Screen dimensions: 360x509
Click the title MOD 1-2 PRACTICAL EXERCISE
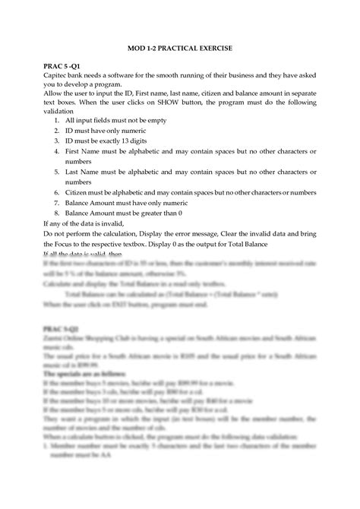[x=180, y=49]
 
